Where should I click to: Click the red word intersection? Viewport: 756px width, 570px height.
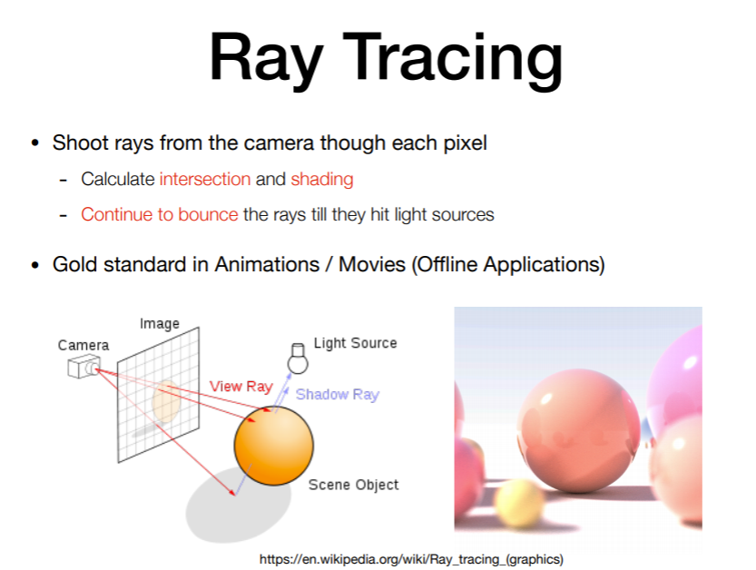(x=205, y=179)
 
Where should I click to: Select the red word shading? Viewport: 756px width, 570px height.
(x=322, y=180)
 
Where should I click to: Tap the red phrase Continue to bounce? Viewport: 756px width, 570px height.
(x=160, y=214)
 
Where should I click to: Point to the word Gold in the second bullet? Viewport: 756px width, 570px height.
(x=75, y=264)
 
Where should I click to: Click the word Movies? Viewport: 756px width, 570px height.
(x=372, y=264)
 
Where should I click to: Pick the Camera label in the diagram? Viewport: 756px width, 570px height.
(x=83, y=345)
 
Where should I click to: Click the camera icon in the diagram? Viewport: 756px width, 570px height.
(x=84, y=367)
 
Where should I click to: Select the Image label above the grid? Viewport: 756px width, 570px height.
(x=160, y=324)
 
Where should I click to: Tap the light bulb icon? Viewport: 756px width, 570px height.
(x=298, y=359)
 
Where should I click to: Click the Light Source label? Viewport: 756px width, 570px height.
(x=356, y=343)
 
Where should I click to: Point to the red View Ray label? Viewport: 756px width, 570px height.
(x=241, y=387)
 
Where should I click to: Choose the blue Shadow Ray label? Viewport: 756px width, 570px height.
(x=338, y=395)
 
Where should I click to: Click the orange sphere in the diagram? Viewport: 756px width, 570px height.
(x=274, y=446)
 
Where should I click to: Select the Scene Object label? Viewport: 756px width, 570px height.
(x=353, y=485)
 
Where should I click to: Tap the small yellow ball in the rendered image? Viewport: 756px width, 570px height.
(x=520, y=505)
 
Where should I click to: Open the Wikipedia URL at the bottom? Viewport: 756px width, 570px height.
(x=411, y=559)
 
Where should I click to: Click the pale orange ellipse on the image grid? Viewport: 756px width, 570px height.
(x=166, y=401)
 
